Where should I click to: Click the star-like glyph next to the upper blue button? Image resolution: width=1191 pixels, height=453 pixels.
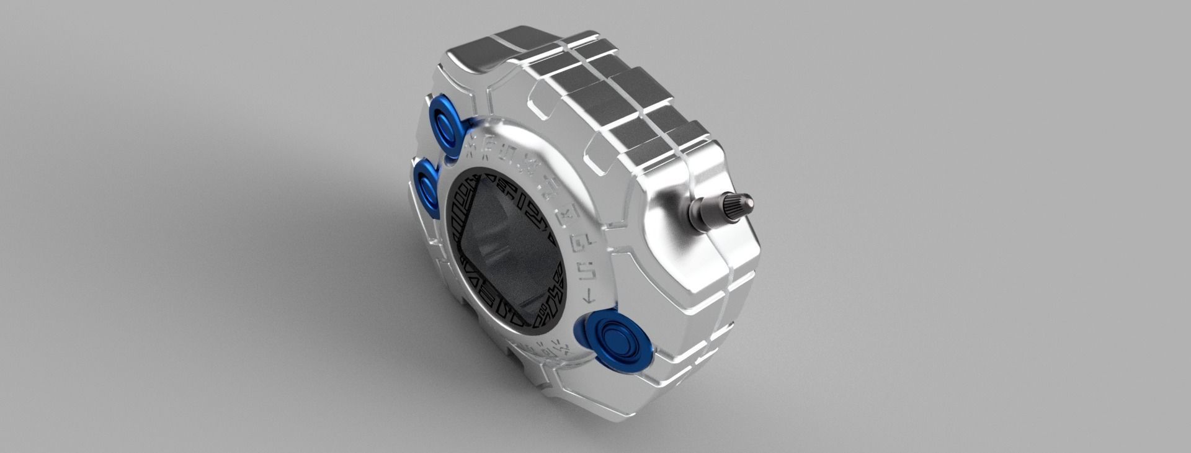pos(473,141)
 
